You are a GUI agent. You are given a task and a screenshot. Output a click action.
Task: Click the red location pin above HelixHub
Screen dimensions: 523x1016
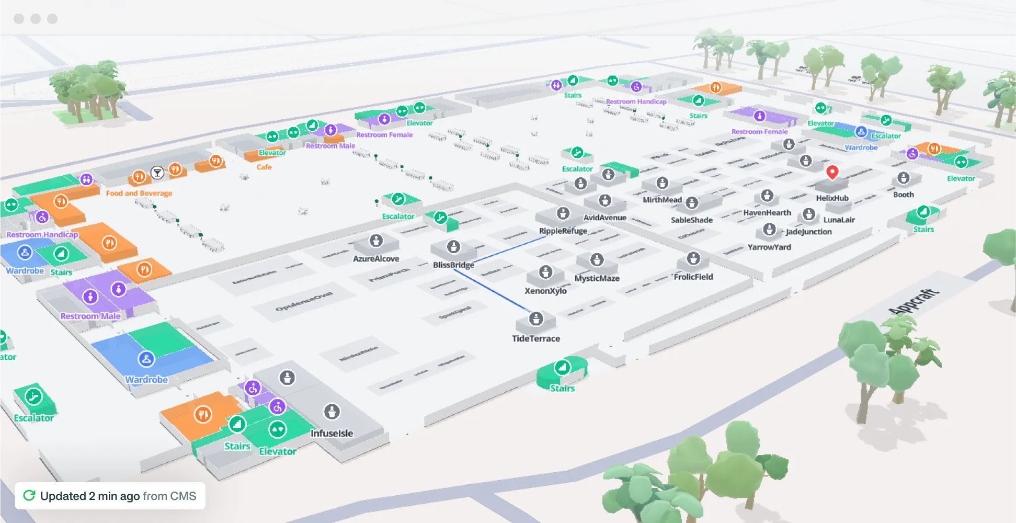click(x=832, y=172)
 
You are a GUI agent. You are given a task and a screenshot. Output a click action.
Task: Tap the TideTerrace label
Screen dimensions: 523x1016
click(x=536, y=338)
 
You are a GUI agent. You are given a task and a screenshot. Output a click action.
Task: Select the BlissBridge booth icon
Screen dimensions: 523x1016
click(x=453, y=246)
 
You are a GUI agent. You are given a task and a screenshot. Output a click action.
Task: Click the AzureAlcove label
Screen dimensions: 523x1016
click(x=376, y=259)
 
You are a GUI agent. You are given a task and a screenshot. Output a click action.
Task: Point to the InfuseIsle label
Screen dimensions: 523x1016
click(x=332, y=434)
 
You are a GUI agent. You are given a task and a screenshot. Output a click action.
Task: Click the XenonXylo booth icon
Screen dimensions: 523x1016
click(x=545, y=272)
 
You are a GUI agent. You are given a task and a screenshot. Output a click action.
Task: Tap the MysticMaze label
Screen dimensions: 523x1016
click(x=597, y=278)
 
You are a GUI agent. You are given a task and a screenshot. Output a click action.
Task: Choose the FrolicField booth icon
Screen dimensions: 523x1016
click(x=693, y=258)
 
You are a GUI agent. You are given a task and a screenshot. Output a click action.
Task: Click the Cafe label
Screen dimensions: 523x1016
click(x=264, y=167)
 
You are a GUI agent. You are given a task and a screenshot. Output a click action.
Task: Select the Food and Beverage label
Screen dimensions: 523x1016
click(x=139, y=194)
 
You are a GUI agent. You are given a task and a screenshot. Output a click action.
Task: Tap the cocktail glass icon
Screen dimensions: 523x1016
click(x=157, y=173)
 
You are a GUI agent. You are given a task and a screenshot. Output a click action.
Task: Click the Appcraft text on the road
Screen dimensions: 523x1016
click(x=914, y=302)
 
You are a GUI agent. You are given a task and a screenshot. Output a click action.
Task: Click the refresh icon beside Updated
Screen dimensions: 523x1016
click(x=29, y=495)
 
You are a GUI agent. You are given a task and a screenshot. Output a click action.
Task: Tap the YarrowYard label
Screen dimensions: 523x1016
click(x=769, y=247)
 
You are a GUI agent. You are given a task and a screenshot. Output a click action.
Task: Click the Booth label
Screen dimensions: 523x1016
click(x=904, y=195)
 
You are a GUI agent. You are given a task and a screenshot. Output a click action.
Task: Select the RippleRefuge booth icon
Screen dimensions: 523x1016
click(x=563, y=213)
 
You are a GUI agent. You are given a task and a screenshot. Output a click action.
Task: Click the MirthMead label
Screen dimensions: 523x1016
click(x=662, y=200)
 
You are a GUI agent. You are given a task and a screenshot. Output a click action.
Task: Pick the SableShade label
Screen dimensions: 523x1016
click(x=692, y=220)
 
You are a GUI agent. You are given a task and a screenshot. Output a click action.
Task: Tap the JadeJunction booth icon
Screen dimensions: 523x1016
click(x=769, y=229)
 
